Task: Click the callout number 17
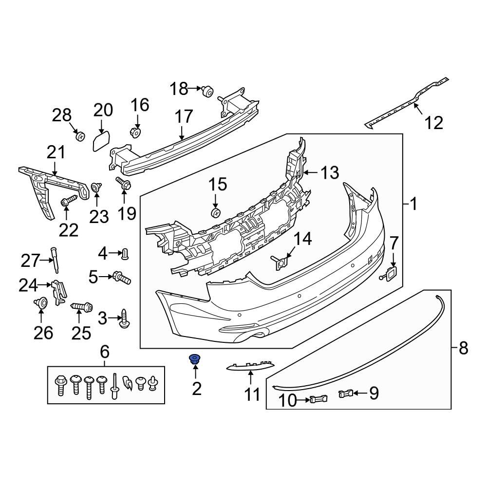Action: click(x=184, y=117)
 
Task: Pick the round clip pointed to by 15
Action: click(x=216, y=213)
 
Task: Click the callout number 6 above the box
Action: click(x=105, y=351)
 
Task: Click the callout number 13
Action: click(x=329, y=172)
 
